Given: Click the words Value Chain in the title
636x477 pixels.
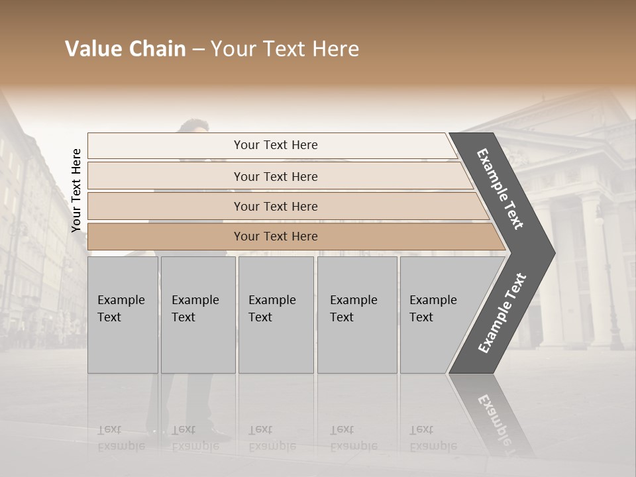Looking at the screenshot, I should [125, 49].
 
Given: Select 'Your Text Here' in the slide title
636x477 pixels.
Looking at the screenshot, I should [285, 49].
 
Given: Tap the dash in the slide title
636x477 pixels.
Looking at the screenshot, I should [197, 50].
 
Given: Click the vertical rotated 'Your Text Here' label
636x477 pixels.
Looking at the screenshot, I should [76, 190].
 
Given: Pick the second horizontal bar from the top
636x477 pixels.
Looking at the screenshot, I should [275, 176].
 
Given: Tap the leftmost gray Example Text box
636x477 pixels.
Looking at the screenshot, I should [123, 315].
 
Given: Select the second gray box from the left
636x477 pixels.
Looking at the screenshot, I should [197, 315].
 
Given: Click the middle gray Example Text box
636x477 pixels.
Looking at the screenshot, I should [276, 315].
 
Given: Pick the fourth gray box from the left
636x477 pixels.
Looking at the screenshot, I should [356, 315].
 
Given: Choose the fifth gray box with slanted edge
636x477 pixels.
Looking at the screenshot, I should [437, 315].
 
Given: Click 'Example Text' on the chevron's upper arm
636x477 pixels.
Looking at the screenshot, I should [500, 189].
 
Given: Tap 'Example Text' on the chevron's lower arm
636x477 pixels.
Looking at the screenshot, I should [502, 313].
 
